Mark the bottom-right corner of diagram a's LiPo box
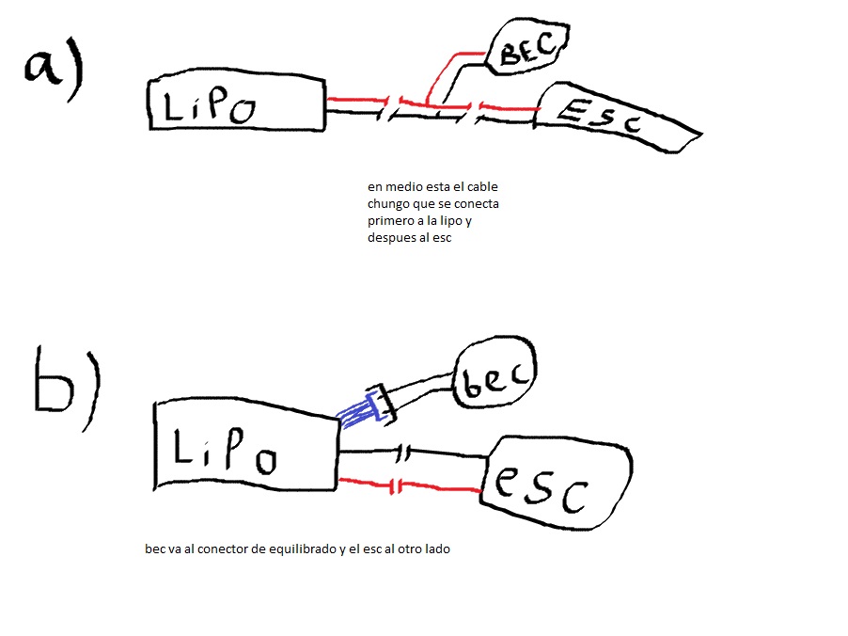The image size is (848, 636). [324, 130]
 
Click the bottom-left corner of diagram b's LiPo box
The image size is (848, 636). [155, 489]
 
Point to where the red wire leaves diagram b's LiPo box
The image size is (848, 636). [338, 480]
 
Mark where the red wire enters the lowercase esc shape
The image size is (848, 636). [480, 491]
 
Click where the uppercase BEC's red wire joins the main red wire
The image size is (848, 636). [427, 103]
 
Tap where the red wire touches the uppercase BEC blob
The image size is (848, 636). [486, 53]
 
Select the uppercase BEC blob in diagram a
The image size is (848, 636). [526, 47]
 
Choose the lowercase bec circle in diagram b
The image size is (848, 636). [495, 373]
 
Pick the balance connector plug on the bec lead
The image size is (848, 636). [382, 405]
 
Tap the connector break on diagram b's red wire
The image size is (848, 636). [396, 486]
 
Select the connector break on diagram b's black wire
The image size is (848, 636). [403, 453]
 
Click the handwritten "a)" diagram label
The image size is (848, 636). [55, 68]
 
